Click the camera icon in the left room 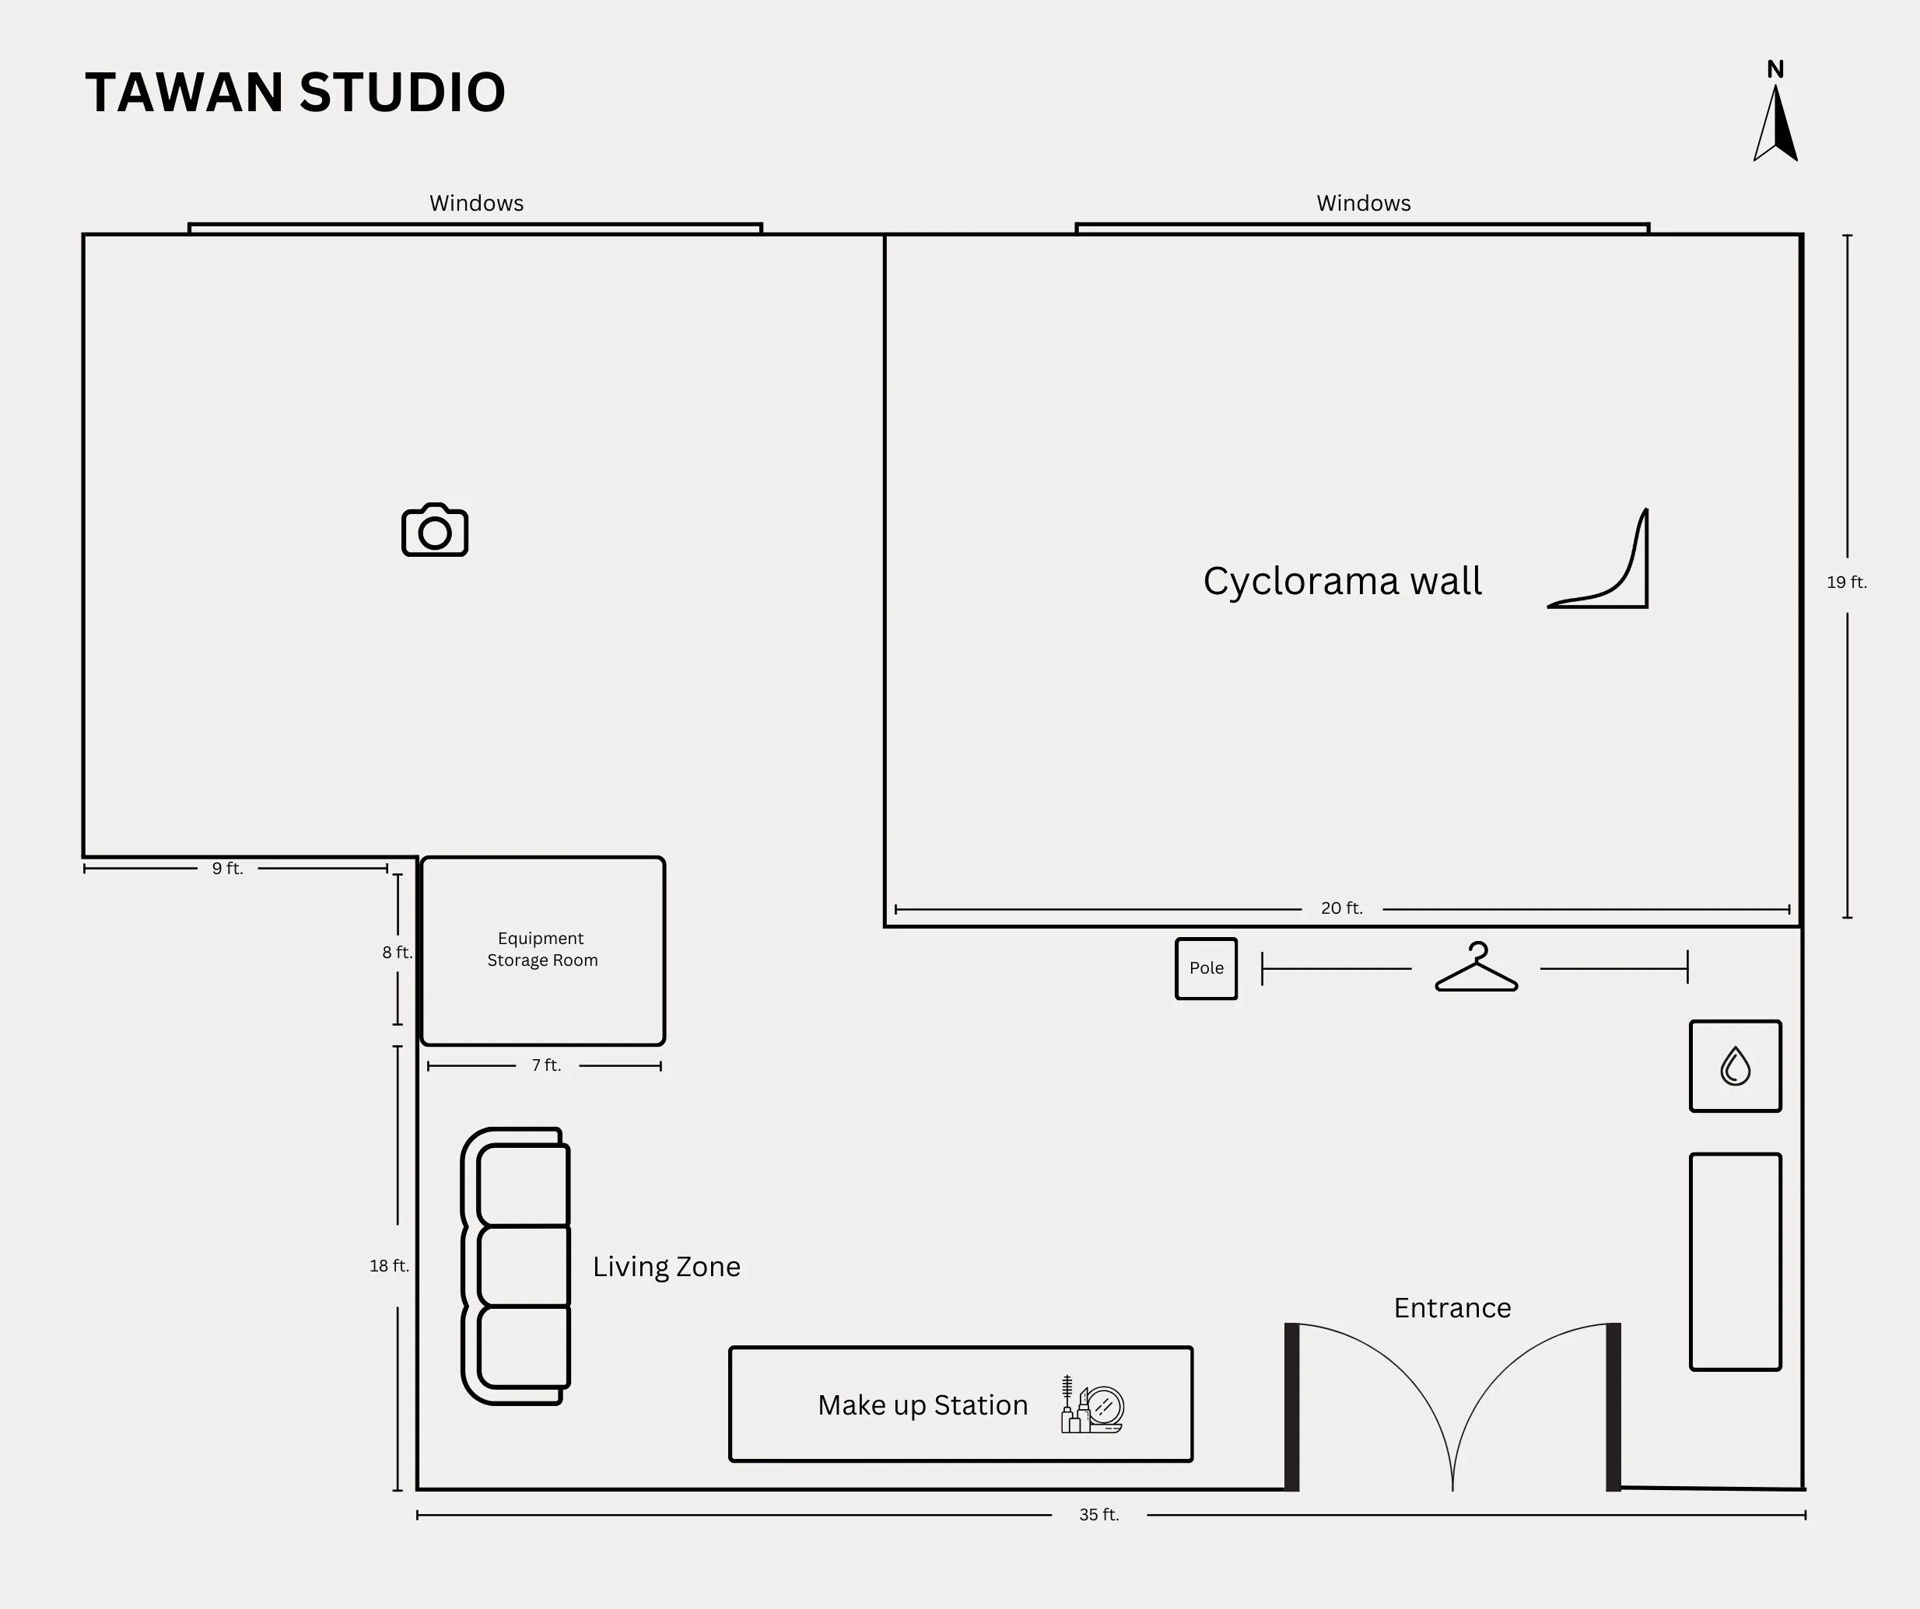tap(434, 530)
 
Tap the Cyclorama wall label tap(1341, 582)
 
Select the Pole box tap(1206, 968)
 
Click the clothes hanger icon tap(1476, 968)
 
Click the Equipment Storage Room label tap(542, 949)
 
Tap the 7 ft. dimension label tap(546, 1065)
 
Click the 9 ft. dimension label tap(228, 869)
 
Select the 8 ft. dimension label tap(397, 952)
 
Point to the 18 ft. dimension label tap(390, 1265)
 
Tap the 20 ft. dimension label tap(1341, 908)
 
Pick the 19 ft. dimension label tap(1846, 582)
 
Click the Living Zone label tap(666, 1266)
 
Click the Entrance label tap(1452, 1308)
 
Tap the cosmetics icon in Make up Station tap(1091, 1405)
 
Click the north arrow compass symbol tap(1775, 119)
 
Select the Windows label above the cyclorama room tap(1363, 203)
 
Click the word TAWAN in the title tap(184, 93)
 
